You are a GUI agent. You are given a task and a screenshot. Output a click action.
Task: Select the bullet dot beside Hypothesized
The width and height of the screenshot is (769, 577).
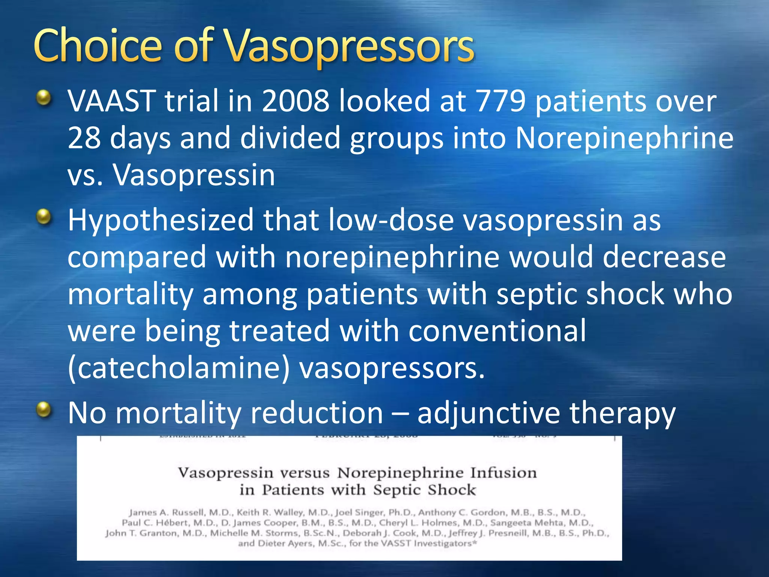coord(44,217)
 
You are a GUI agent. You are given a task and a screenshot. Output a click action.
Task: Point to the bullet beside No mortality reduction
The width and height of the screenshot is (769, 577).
coord(44,409)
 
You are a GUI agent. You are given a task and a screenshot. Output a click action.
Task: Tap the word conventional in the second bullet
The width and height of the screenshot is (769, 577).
coord(497,331)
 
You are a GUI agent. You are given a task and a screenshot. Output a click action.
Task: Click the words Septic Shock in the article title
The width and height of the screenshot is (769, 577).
coord(424,490)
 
